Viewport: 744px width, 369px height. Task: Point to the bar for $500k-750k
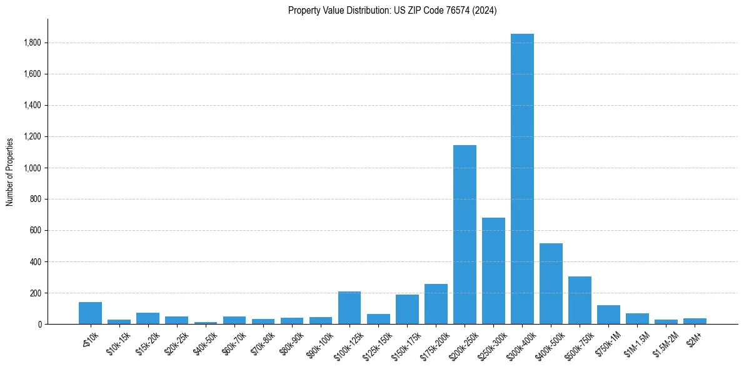[x=580, y=300]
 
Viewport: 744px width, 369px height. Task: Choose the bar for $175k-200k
[x=436, y=304]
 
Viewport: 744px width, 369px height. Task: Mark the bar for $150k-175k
[x=407, y=309]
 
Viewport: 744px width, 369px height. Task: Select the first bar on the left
[x=90, y=313]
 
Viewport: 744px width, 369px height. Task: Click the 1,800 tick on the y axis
[x=34, y=43]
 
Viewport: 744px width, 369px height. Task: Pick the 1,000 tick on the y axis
[x=34, y=168]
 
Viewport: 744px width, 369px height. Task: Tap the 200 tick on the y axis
[x=37, y=293]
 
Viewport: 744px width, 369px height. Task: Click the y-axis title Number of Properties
[x=9, y=172]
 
